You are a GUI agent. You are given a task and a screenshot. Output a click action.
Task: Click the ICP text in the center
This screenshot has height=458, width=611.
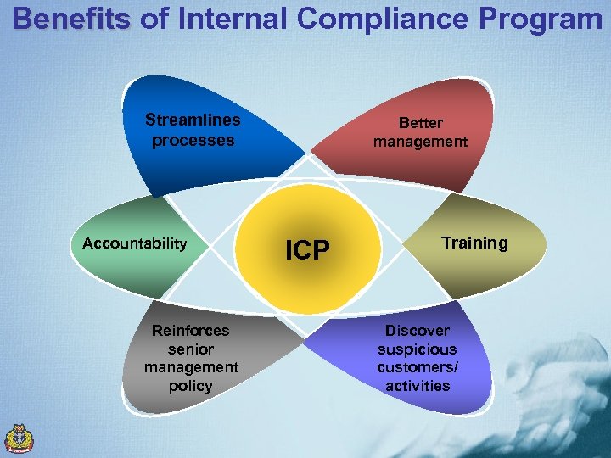click(x=307, y=250)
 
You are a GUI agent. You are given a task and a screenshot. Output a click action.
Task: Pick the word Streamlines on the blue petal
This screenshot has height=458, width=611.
click(x=193, y=120)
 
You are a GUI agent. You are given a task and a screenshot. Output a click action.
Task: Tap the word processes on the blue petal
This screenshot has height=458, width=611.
click(x=193, y=141)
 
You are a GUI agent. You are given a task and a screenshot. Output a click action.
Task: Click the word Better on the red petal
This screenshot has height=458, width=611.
click(x=421, y=123)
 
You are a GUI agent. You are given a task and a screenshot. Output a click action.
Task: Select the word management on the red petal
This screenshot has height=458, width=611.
click(x=421, y=142)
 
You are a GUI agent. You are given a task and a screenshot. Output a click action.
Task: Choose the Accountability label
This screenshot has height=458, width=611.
click(x=134, y=243)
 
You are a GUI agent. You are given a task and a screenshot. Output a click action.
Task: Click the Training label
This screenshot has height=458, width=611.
click(x=474, y=243)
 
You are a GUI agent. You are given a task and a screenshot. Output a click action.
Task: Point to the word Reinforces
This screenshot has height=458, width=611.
click(x=190, y=330)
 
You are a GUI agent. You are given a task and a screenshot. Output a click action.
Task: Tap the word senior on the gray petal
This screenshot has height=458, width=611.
click(x=191, y=349)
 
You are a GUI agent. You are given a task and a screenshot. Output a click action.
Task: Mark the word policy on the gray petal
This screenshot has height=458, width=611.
click(x=191, y=386)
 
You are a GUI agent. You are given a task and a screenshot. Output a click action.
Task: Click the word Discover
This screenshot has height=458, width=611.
click(x=418, y=330)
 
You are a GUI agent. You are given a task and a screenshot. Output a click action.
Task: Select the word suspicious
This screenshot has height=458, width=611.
click(x=418, y=349)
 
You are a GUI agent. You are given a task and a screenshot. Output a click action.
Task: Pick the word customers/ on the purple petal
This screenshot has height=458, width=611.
click(x=418, y=367)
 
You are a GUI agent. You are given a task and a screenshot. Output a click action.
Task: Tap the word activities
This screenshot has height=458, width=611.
click(x=418, y=386)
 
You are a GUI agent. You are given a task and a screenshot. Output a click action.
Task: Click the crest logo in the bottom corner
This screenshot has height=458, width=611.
click(x=20, y=438)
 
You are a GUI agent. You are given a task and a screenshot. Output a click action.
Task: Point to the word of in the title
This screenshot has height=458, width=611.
click(x=154, y=19)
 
